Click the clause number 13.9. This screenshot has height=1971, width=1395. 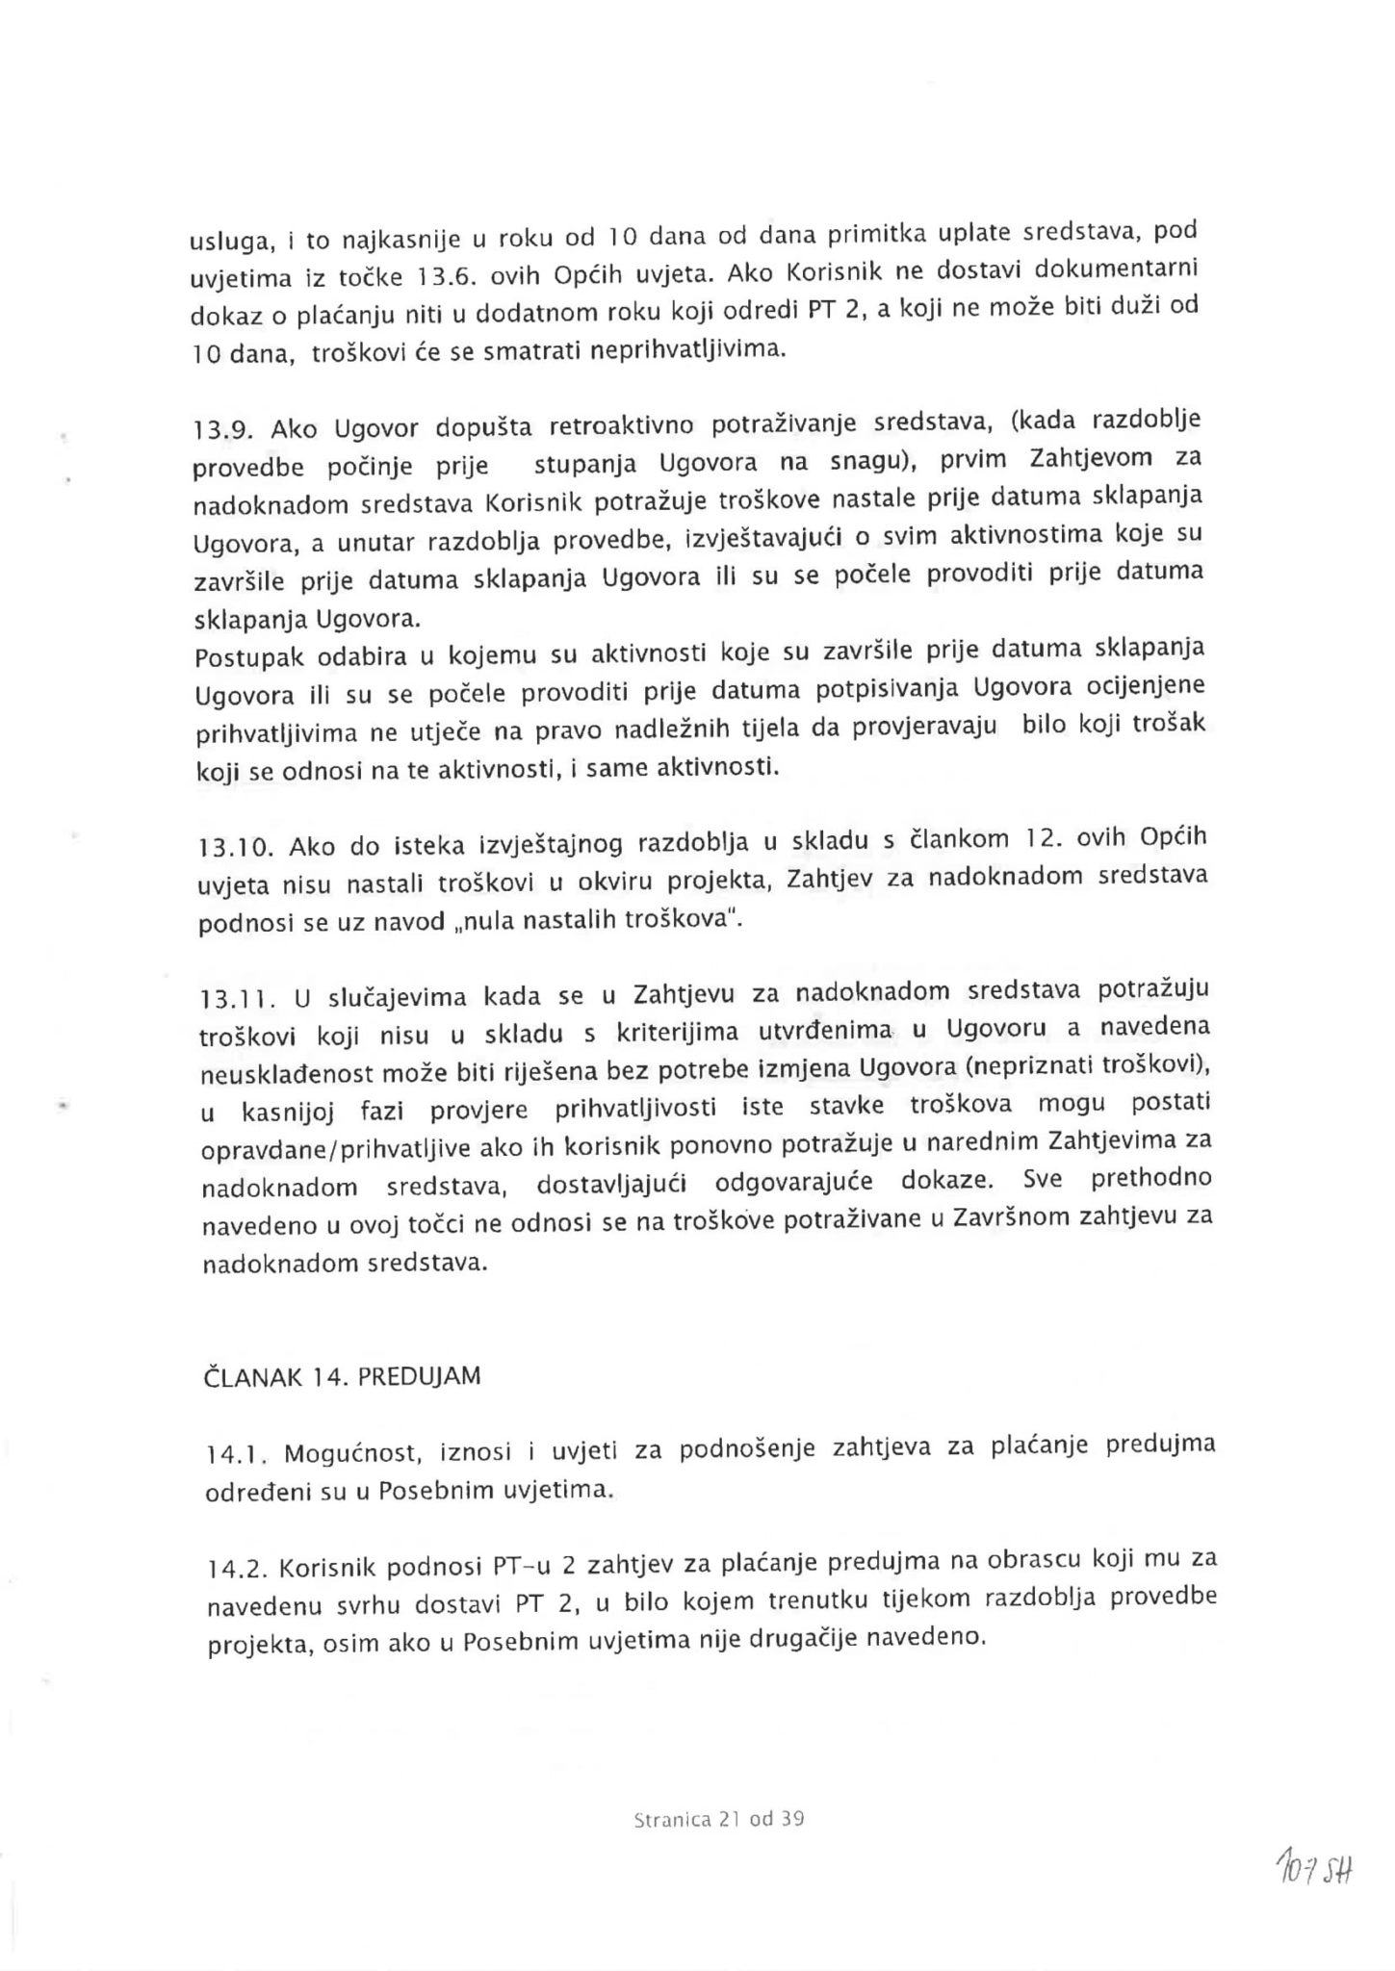pyautogui.click(x=223, y=430)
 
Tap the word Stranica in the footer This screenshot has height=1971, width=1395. pyautogui.click(x=673, y=1820)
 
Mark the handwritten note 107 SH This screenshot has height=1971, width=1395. pyautogui.click(x=1315, y=1870)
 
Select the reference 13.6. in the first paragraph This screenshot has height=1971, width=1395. pyautogui.click(x=448, y=275)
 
